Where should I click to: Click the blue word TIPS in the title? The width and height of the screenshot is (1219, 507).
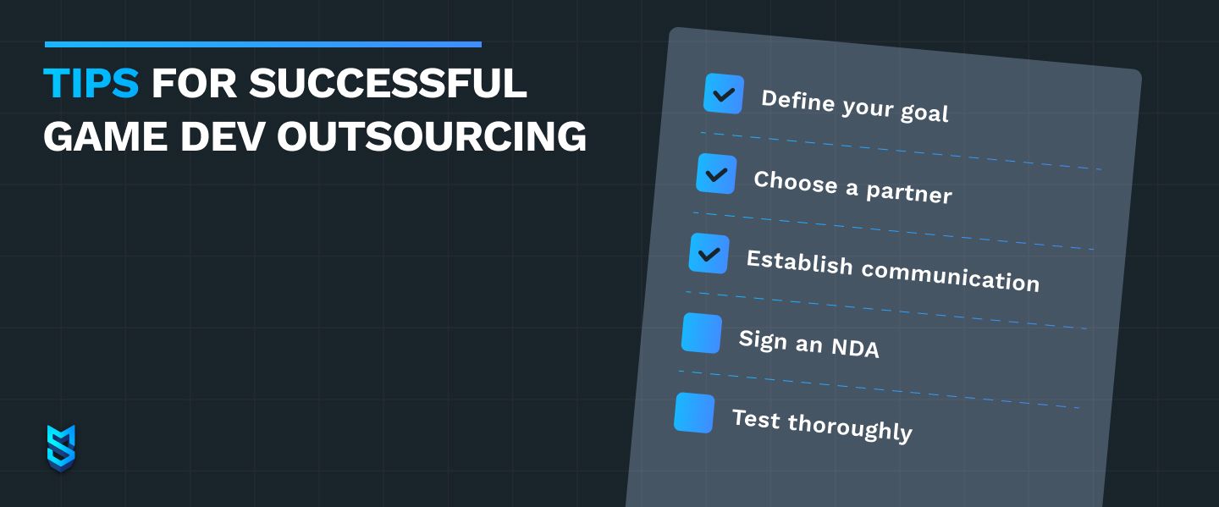(x=91, y=83)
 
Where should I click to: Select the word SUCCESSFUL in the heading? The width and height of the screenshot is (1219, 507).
(x=388, y=83)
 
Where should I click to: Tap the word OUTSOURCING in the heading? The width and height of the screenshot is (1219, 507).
(x=432, y=136)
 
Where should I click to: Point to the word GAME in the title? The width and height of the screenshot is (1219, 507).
(x=105, y=136)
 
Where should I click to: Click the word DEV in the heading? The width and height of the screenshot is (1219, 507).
(x=222, y=136)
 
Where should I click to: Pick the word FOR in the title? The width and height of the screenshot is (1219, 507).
(x=195, y=83)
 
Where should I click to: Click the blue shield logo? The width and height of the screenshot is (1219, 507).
(x=61, y=449)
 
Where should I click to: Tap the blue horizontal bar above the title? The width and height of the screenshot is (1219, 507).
(x=262, y=44)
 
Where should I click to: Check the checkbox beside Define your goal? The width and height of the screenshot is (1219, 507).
(x=724, y=94)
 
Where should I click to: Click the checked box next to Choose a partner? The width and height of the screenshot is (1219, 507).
(x=716, y=174)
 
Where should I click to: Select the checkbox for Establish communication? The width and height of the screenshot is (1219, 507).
(x=709, y=254)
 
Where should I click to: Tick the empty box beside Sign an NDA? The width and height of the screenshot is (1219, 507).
(x=702, y=333)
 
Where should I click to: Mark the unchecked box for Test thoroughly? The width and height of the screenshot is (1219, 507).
(x=694, y=413)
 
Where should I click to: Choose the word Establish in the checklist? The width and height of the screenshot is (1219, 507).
(x=799, y=262)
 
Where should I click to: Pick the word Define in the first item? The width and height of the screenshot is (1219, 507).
(x=797, y=101)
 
